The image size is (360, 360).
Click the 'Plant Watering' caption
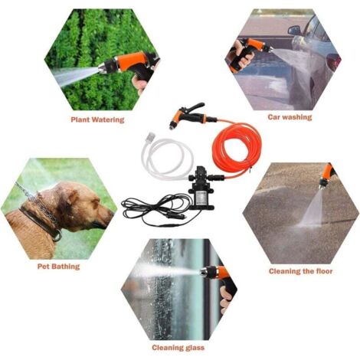(97, 119)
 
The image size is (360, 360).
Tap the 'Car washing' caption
(290, 117)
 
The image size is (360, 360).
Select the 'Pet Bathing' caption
(58, 267)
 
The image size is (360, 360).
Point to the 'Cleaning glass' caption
(178, 348)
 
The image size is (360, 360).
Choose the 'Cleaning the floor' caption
(301, 271)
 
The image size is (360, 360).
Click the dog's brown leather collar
(41, 223)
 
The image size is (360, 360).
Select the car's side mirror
(294, 30)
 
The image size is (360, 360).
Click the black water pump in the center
(201, 189)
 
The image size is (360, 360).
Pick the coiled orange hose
(236, 148)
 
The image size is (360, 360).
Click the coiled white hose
(167, 159)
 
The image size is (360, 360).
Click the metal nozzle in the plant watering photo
(103, 68)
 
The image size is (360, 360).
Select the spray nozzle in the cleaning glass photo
(205, 273)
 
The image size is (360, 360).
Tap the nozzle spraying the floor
(322, 185)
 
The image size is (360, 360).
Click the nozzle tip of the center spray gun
(172, 126)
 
